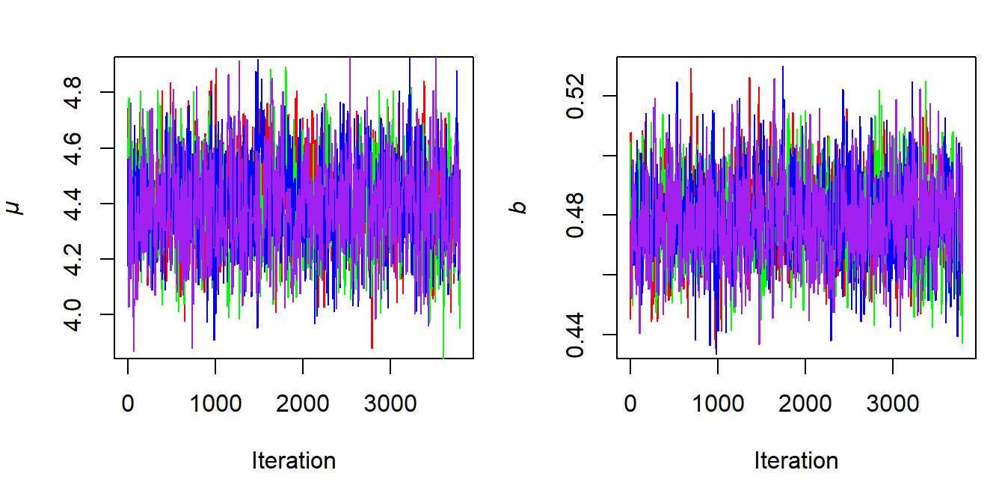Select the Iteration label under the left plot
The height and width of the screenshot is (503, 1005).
(293, 460)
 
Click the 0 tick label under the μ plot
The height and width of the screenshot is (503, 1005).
(128, 403)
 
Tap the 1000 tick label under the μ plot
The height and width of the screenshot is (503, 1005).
(215, 403)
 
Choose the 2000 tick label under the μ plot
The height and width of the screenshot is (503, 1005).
(303, 403)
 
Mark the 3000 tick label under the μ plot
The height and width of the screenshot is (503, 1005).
(390, 403)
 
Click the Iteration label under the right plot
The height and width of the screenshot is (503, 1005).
(796, 460)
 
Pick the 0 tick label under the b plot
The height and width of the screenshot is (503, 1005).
(630, 403)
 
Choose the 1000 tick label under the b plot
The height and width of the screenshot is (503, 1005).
(718, 403)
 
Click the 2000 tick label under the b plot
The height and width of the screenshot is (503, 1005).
(805, 403)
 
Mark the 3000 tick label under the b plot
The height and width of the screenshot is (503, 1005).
(892, 403)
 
